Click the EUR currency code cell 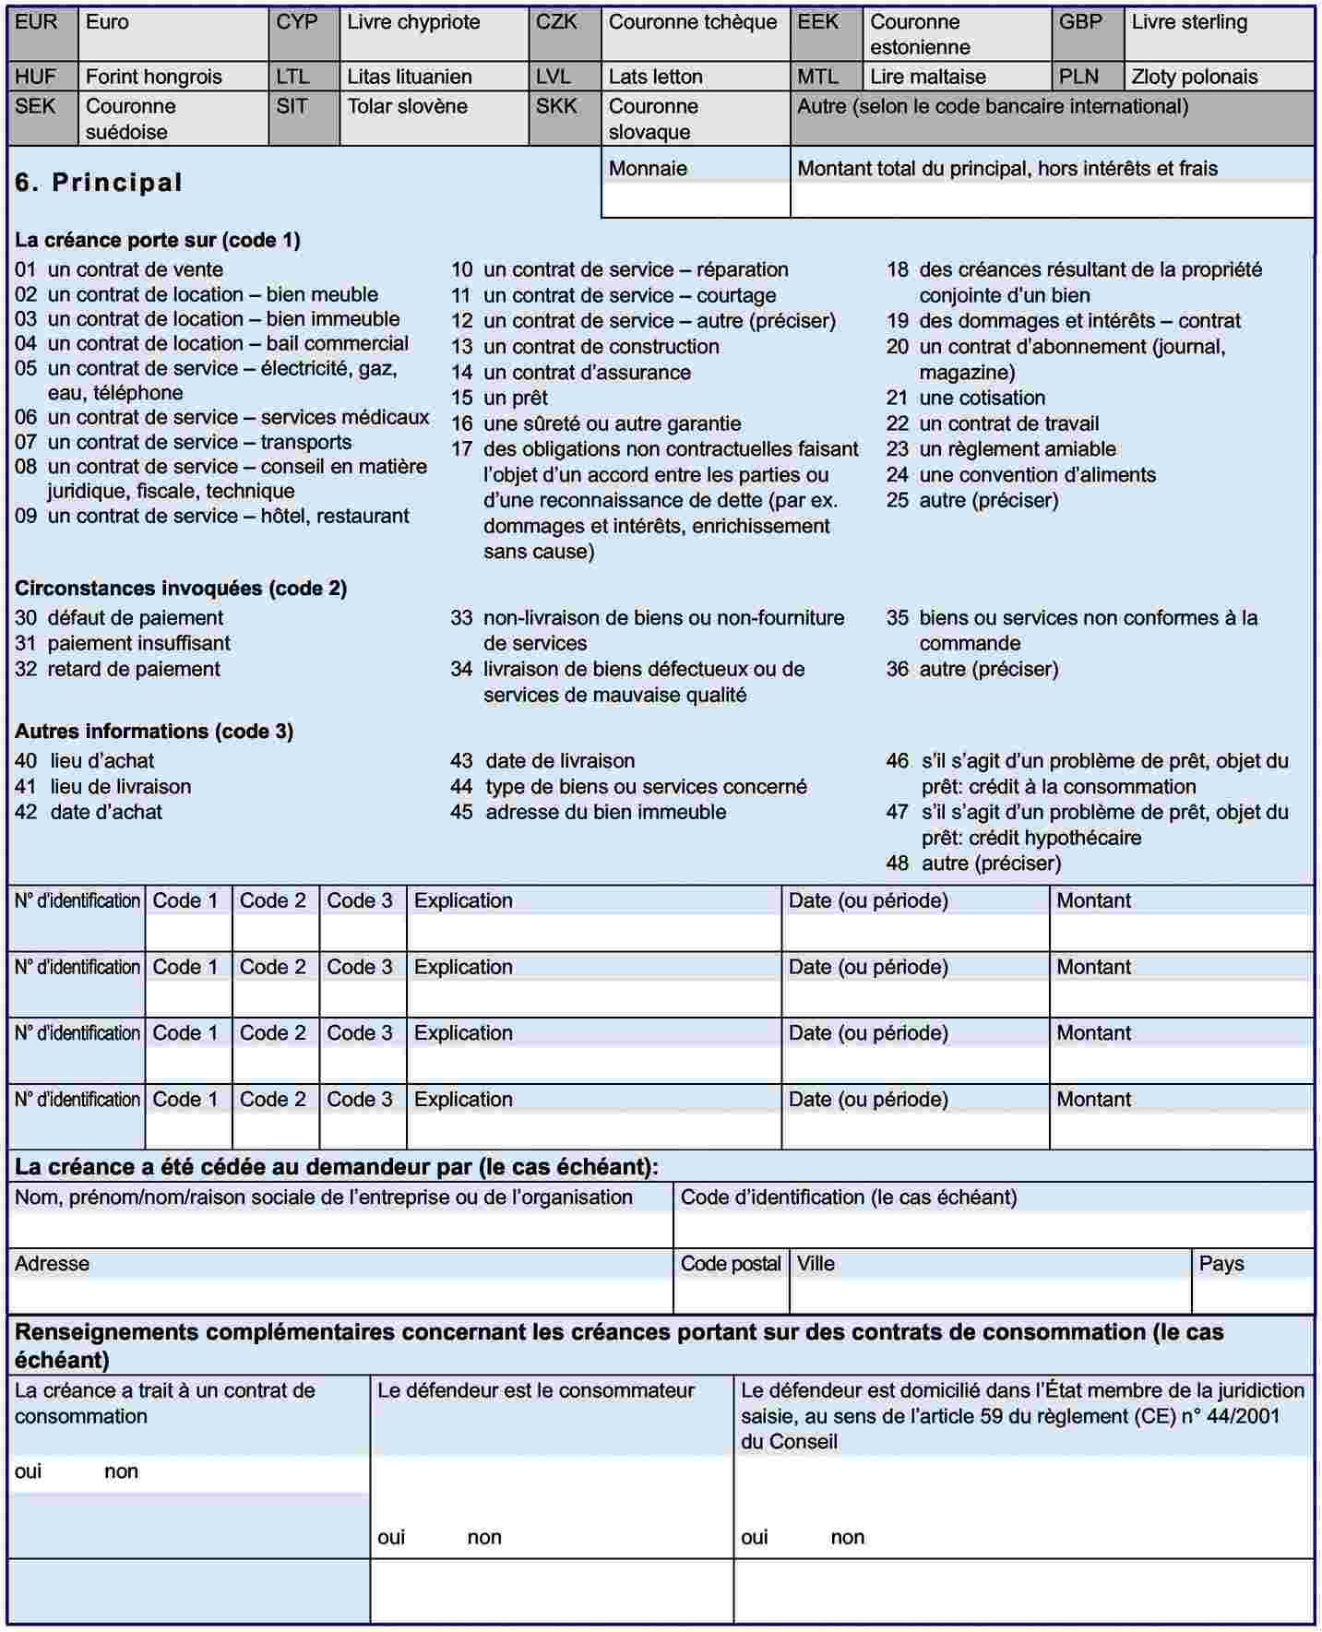tap(36, 22)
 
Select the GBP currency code tap(1080, 22)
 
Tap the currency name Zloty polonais tap(1194, 77)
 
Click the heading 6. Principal tap(99, 183)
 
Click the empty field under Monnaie tap(696, 199)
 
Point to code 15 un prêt tap(499, 398)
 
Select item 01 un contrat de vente tap(119, 269)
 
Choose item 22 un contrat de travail tap(993, 423)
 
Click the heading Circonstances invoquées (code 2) tap(181, 589)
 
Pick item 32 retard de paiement tap(117, 669)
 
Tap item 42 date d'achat tap(89, 812)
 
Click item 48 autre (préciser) tap(973, 864)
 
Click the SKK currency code tap(556, 106)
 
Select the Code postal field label tap(731, 1264)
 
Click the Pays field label tap(1221, 1264)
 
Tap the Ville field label tap(816, 1264)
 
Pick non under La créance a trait tap(121, 1471)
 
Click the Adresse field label tap(52, 1264)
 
